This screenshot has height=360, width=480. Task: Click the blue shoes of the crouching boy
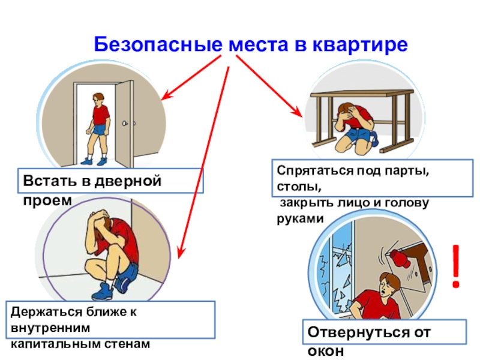[x=102, y=291]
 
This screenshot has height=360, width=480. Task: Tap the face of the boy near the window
[x=384, y=285]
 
